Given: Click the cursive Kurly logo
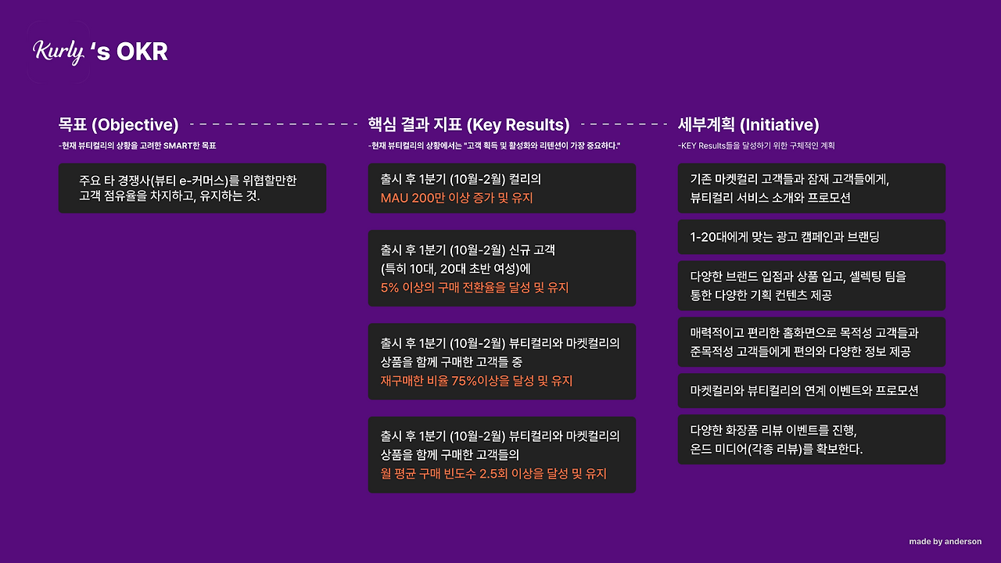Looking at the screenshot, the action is coord(59,52).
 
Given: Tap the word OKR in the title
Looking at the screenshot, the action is coord(142,52).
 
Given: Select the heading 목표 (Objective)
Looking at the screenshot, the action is coord(118,124).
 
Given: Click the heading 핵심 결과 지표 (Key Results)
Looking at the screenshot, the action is coord(468,124).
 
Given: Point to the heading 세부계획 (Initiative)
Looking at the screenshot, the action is coord(748,124).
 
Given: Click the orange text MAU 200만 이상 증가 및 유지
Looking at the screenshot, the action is coord(457,198).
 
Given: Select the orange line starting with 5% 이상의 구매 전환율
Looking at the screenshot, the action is coord(475,287).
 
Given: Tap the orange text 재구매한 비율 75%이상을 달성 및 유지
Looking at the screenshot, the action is coord(476,381).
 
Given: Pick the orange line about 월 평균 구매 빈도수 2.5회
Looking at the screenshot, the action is coord(493,474).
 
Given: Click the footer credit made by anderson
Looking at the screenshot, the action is coord(945,542).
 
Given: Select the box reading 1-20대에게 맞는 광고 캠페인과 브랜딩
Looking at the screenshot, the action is coord(812,237).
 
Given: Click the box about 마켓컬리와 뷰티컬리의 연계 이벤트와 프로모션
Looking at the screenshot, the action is coord(812,390).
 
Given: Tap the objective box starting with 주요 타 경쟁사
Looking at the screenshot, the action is coord(192,188).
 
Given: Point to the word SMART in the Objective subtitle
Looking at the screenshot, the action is coord(178,145).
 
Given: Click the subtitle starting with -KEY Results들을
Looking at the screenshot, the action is coord(756,145).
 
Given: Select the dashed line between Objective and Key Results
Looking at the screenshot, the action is coord(274,124).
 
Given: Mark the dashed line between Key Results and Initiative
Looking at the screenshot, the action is coord(624,124).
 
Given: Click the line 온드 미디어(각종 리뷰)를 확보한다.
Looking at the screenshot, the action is coord(777,449).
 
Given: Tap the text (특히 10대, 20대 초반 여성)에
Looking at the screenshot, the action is coord(455,269).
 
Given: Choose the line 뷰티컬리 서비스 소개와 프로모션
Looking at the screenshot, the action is coord(770,198).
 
